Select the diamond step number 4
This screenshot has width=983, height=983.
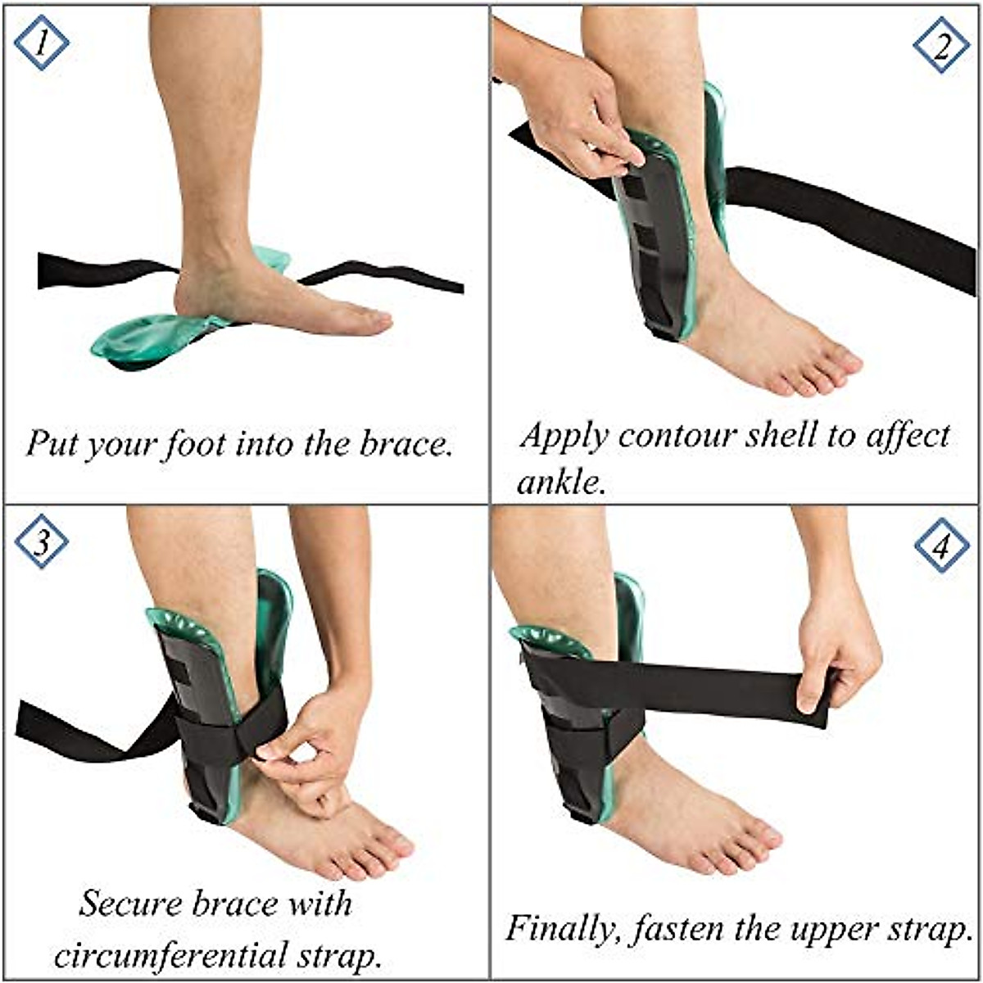click(940, 545)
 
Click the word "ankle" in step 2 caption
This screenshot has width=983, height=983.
click(562, 482)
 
